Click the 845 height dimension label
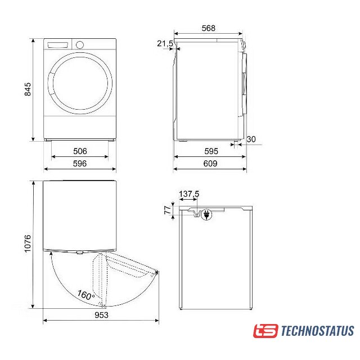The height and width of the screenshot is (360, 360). pyautogui.click(x=28, y=89)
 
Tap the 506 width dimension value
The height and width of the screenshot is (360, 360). pyautogui.click(x=80, y=151)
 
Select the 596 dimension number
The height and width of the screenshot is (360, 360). pyautogui.click(x=80, y=164)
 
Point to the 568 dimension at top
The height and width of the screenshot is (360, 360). pyautogui.click(x=209, y=28)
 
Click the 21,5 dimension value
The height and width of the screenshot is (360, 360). pyautogui.click(x=165, y=43)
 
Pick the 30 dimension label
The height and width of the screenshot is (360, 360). pyautogui.click(x=251, y=139)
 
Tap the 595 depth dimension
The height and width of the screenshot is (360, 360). pyautogui.click(x=211, y=151)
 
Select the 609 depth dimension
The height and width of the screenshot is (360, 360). pyautogui.click(x=210, y=164)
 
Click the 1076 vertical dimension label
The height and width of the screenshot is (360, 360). pyautogui.click(x=28, y=244)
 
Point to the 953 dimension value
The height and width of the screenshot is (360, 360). pyautogui.click(x=101, y=315)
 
